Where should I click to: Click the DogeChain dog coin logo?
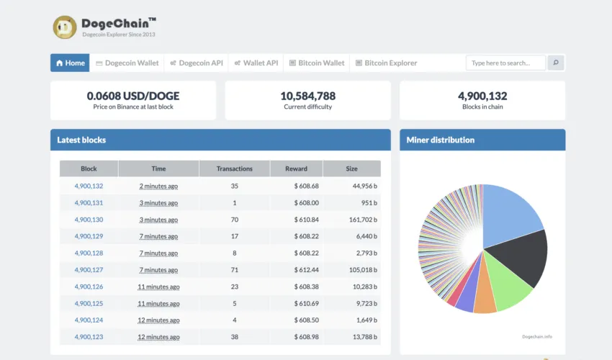[65, 27]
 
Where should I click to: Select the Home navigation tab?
[70, 63]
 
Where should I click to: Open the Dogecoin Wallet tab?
[127, 63]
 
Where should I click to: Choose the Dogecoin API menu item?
[197, 63]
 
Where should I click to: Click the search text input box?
[505, 63]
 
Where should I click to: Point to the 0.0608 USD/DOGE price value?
[133, 96]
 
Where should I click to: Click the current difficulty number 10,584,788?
[307, 96]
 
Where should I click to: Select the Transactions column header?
[234, 168]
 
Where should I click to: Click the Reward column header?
[296, 168]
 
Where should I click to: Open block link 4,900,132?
[89, 186]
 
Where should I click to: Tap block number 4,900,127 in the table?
[89, 270]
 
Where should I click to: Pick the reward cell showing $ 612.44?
[306, 270]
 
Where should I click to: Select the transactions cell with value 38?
[234, 337]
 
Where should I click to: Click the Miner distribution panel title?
[440, 140]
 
